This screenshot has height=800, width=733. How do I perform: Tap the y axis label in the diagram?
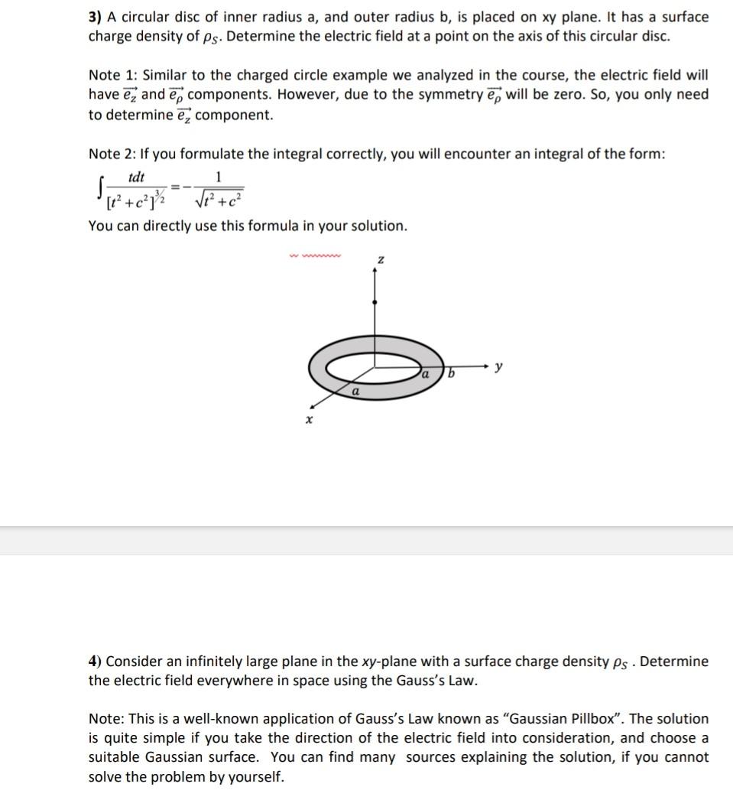coord(498,367)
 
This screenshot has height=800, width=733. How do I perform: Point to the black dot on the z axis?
coord(374,303)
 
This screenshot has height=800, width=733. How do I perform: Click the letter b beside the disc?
coord(451,373)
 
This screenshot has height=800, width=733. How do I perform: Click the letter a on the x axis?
coord(355,391)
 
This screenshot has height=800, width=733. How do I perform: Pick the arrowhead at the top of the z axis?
coord(374,271)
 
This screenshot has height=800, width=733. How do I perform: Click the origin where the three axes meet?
coord(374,368)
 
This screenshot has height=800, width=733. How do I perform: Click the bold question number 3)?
coord(96,17)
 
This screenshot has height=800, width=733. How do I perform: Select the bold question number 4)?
coord(96,662)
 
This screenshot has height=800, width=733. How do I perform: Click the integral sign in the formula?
coord(95,186)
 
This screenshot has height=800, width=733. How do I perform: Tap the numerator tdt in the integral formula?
coord(136,177)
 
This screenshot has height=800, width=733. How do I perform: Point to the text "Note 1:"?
coord(112,75)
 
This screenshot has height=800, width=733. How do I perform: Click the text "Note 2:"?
coord(112,154)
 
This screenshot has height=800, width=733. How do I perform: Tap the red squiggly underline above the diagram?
coord(315,256)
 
